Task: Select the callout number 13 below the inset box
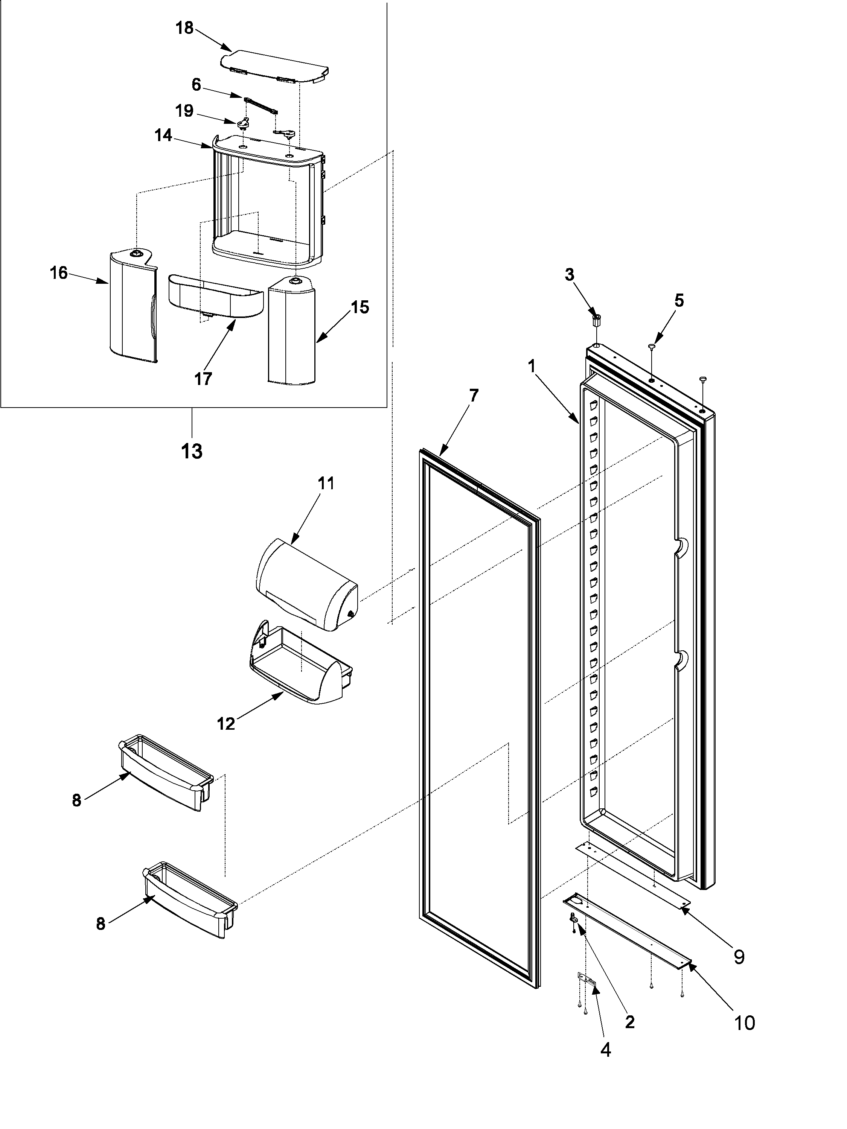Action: click(192, 451)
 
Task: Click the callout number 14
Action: click(163, 136)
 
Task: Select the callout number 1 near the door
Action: click(532, 365)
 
